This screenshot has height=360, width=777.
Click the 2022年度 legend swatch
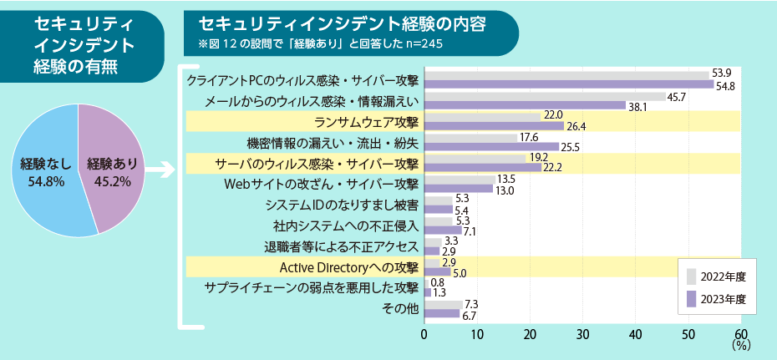pos(691,276)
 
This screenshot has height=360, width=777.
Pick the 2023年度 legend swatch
pos(691,298)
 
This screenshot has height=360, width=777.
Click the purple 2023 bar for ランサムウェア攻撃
pos(494,126)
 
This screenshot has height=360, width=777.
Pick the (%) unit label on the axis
pos(740,343)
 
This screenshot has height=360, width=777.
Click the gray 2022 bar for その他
pos(443,304)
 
